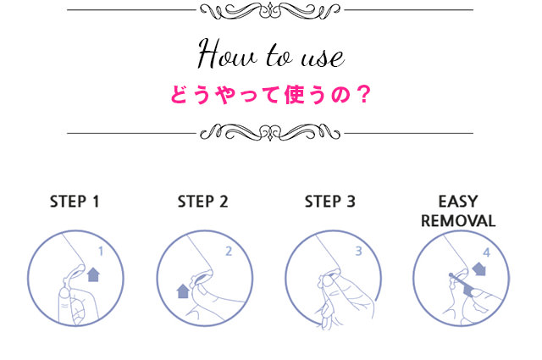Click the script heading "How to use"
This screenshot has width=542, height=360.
click(x=271, y=54)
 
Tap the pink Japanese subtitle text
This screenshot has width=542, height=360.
click(x=271, y=94)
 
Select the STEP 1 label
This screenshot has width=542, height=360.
click(x=75, y=202)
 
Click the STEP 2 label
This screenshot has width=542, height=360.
click(x=203, y=202)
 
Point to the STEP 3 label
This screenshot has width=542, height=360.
click(x=330, y=202)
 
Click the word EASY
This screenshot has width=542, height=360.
click(x=458, y=202)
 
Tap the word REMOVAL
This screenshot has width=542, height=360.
click(x=458, y=221)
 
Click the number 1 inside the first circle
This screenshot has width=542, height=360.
click(x=101, y=252)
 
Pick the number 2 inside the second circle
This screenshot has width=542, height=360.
click(x=229, y=252)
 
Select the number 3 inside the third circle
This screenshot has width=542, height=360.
click(x=359, y=252)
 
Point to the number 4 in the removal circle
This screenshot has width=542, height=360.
click(x=487, y=252)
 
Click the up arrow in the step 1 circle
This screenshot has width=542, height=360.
click(x=93, y=274)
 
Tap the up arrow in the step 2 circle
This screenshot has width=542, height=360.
click(x=183, y=291)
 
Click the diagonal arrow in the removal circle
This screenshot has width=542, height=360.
click(x=479, y=269)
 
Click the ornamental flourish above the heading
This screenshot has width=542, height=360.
click(x=270, y=11)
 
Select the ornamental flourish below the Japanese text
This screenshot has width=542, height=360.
click(x=270, y=132)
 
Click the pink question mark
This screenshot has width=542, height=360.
click(x=364, y=94)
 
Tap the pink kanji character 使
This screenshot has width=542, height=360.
click(x=295, y=94)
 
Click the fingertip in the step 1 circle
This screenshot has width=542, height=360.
click(x=64, y=295)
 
